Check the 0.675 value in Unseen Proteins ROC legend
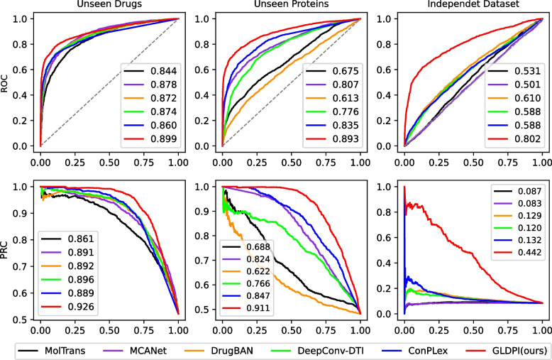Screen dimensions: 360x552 click(335, 71)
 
